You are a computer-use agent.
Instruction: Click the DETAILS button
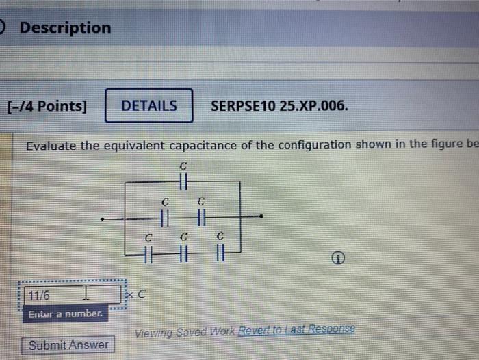coord(148,106)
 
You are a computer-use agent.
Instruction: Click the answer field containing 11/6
coord(68,295)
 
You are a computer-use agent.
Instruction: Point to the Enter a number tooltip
coord(65,314)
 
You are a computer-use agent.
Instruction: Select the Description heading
coord(65,28)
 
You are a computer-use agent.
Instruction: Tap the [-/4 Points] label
coord(47,107)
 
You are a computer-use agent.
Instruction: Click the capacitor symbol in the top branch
coord(183,181)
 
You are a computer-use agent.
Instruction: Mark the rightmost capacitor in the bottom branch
coord(220,255)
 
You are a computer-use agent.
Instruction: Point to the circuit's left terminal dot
coord(101,220)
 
